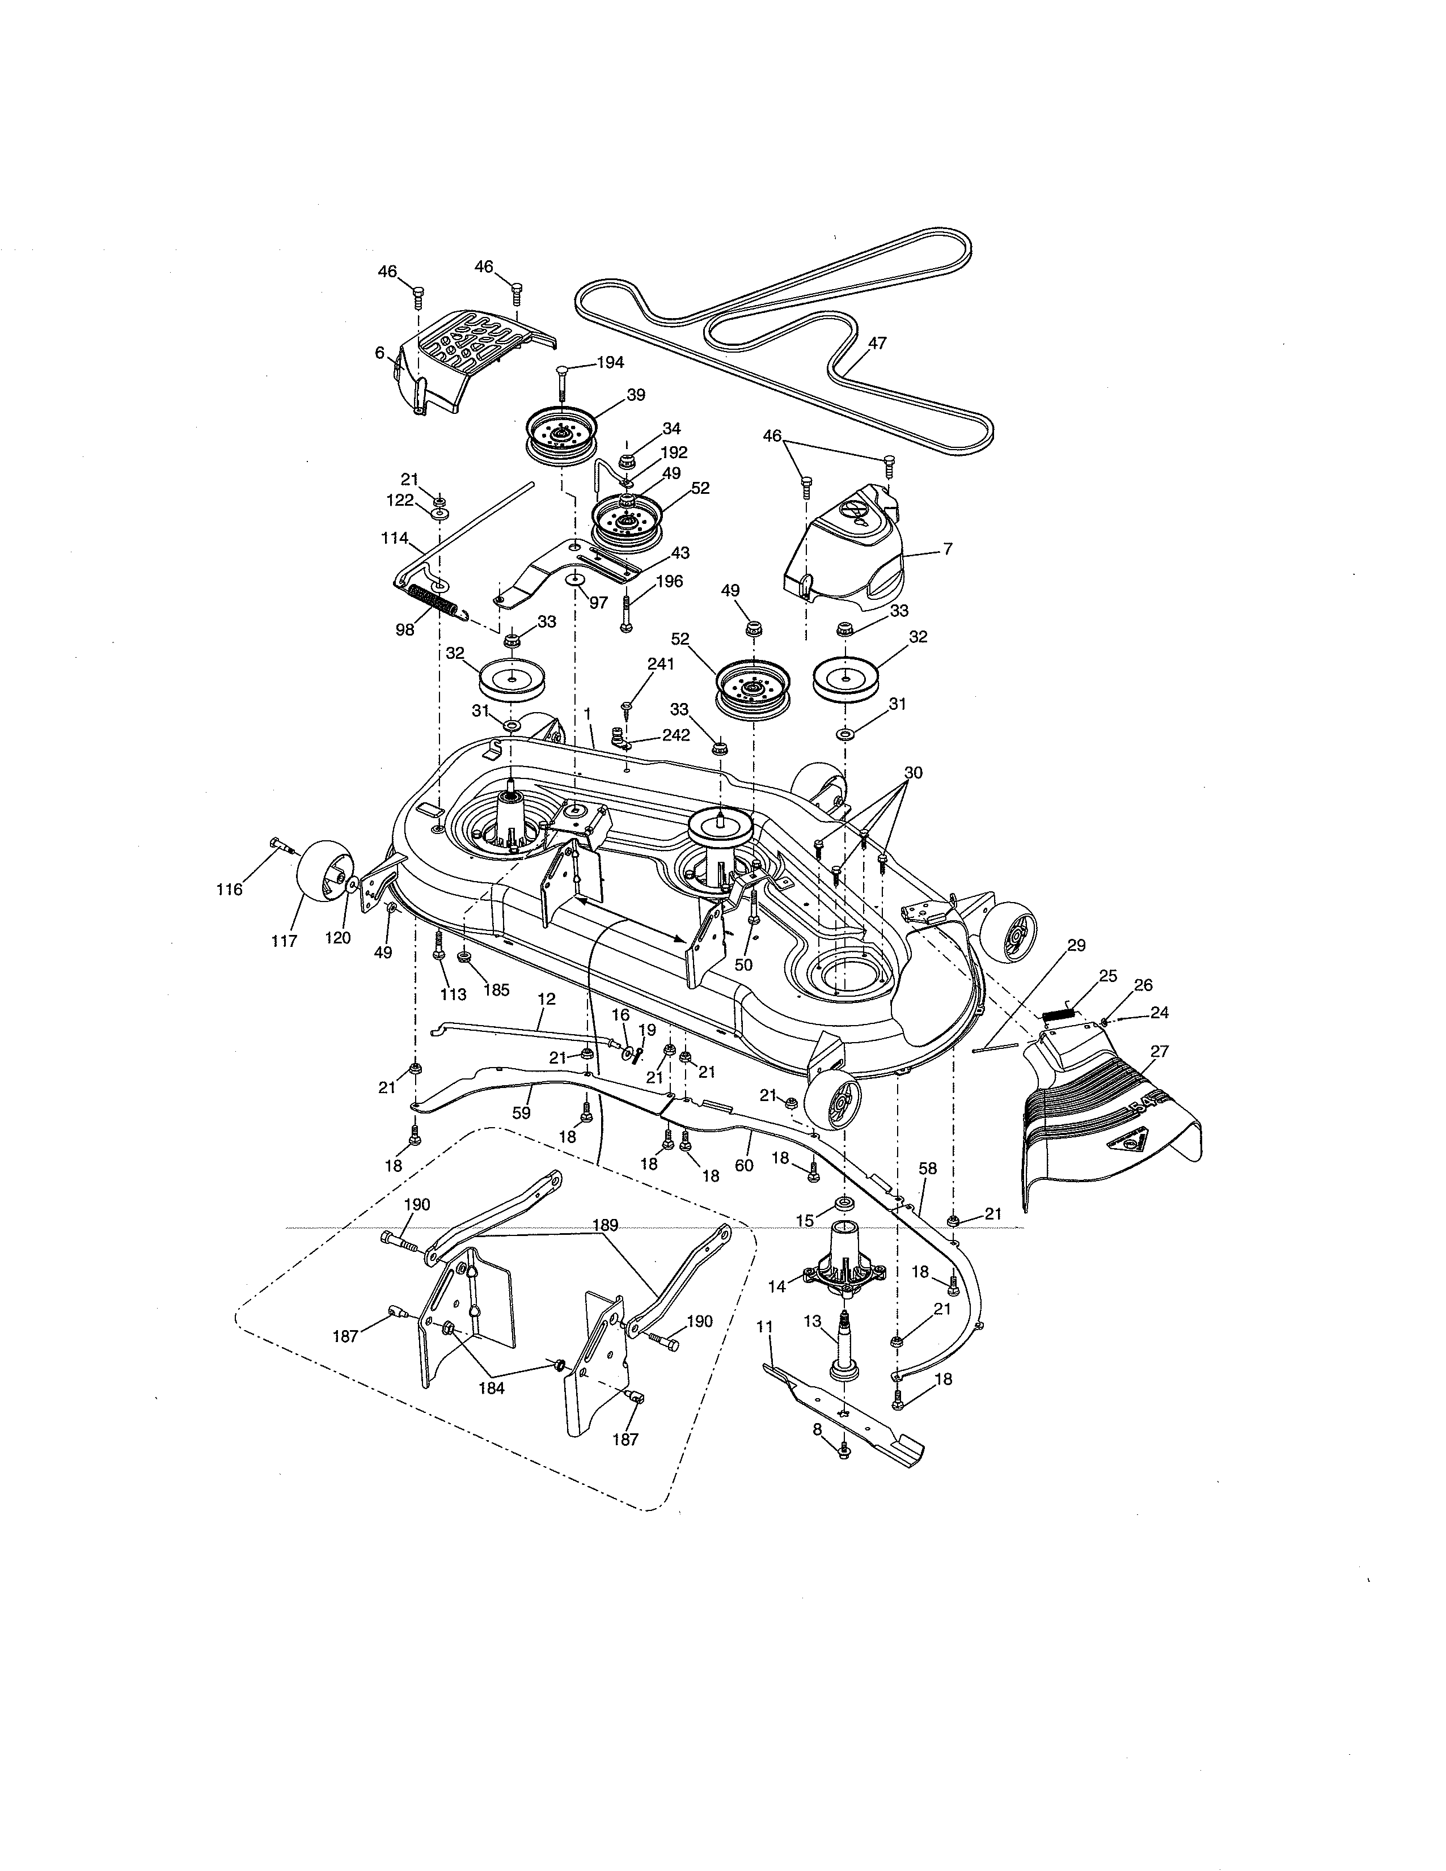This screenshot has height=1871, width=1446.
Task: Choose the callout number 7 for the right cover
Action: click(x=948, y=549)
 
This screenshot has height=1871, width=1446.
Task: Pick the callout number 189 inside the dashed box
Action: click(x=605, y=1225)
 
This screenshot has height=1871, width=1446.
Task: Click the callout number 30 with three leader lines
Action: click(x=913, y=772)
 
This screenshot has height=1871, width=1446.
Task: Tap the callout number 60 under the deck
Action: click(x=743, y=1165)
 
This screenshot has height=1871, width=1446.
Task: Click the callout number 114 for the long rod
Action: click(x=395, y=538)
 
